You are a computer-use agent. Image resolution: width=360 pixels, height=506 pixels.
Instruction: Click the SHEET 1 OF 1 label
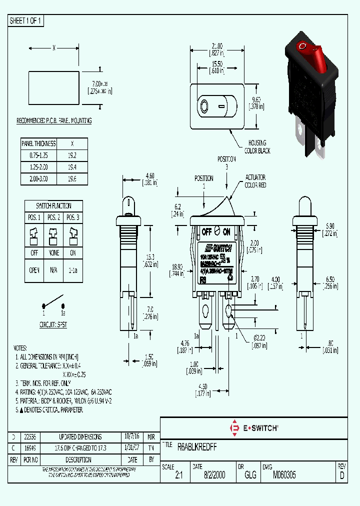tap(26, 20)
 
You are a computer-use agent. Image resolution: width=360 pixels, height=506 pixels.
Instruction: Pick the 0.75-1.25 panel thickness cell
tap(38, 155)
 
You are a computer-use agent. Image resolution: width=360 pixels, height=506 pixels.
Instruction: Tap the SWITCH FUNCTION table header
tap(53, 205)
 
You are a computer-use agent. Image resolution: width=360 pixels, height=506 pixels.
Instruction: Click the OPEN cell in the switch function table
tap(34, 269)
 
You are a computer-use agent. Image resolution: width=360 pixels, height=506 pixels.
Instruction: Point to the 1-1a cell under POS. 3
tap(72, 269)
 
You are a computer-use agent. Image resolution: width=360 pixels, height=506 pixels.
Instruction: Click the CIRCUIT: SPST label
tap(53, 324)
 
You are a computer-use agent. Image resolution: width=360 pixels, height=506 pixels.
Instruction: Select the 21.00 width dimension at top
tap(216, 45)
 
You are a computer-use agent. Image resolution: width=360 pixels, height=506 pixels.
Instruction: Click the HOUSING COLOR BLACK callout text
tap(257, 146)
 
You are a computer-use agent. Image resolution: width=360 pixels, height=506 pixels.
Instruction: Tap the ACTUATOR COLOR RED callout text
tap(255, 181)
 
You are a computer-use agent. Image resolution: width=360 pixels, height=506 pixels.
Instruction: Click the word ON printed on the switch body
tap(226, 232)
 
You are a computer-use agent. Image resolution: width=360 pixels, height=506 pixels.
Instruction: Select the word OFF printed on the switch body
tap(206, 232)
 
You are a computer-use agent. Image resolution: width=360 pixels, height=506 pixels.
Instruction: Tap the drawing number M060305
tap(284, 475)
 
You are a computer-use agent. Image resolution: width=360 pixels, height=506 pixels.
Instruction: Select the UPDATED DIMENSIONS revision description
tap(80, 436)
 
